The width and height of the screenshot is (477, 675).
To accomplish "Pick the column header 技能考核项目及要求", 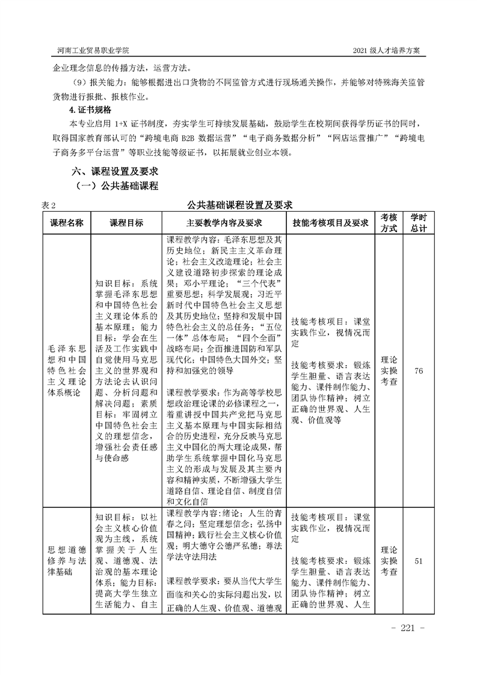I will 330,223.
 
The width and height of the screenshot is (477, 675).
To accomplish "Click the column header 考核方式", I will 389,223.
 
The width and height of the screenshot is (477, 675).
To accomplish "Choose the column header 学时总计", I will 419,223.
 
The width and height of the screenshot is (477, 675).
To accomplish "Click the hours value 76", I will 419,371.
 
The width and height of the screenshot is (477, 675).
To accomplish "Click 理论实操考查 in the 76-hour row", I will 389,371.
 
